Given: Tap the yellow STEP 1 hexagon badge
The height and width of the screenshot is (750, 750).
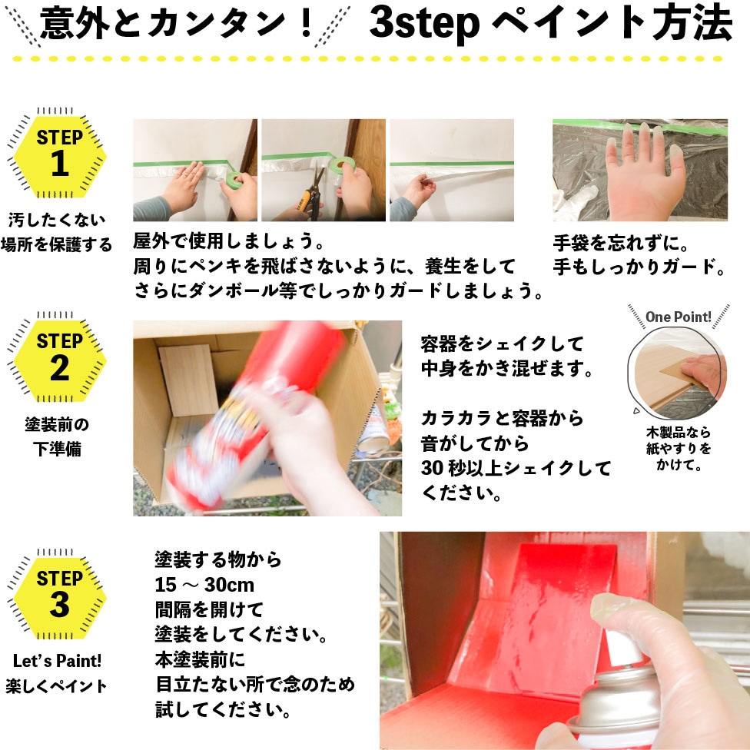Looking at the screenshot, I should [x=60, y=153].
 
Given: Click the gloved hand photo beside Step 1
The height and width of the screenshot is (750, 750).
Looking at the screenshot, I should [x=639, y=170].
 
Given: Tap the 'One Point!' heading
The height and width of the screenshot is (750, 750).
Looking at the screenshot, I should [x=678, y=317].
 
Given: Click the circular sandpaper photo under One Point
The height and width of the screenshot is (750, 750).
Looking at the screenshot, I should [x=677, y=375].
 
